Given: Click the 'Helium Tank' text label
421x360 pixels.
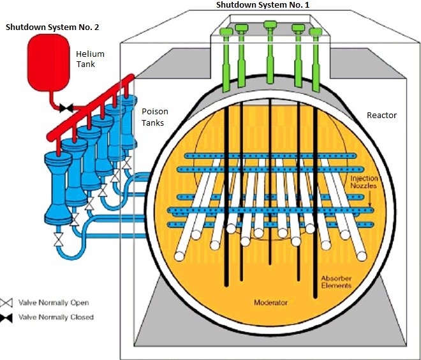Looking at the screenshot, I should tap(90, 59).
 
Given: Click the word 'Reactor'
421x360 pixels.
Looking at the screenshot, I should tap(381, 115).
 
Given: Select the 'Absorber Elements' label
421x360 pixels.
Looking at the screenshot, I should tap(336, 281).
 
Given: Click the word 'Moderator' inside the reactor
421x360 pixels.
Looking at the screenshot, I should tap(272, 301).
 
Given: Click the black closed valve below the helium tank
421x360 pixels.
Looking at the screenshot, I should tap(65, 108).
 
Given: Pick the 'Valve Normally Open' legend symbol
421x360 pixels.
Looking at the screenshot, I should tap(9, 303).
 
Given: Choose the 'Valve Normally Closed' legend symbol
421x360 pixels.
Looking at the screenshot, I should tap(9, 317).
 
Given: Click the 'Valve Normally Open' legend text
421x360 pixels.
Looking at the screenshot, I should tap(54, 303).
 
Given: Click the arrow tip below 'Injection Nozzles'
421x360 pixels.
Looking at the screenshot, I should tap(371, 206).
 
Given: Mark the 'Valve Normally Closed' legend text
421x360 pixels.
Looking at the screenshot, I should tap(57, 317).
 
